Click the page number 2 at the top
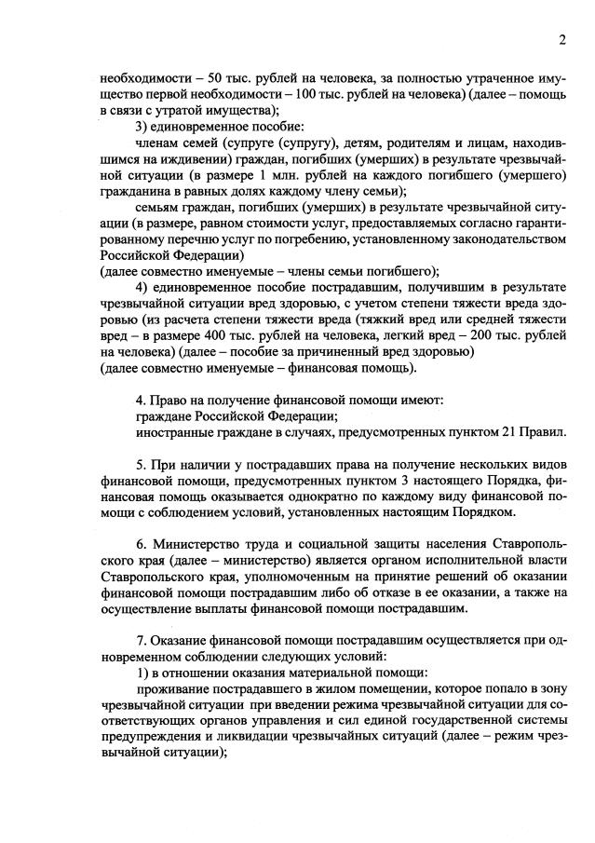pos(562,40)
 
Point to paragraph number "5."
pos(142,463)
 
